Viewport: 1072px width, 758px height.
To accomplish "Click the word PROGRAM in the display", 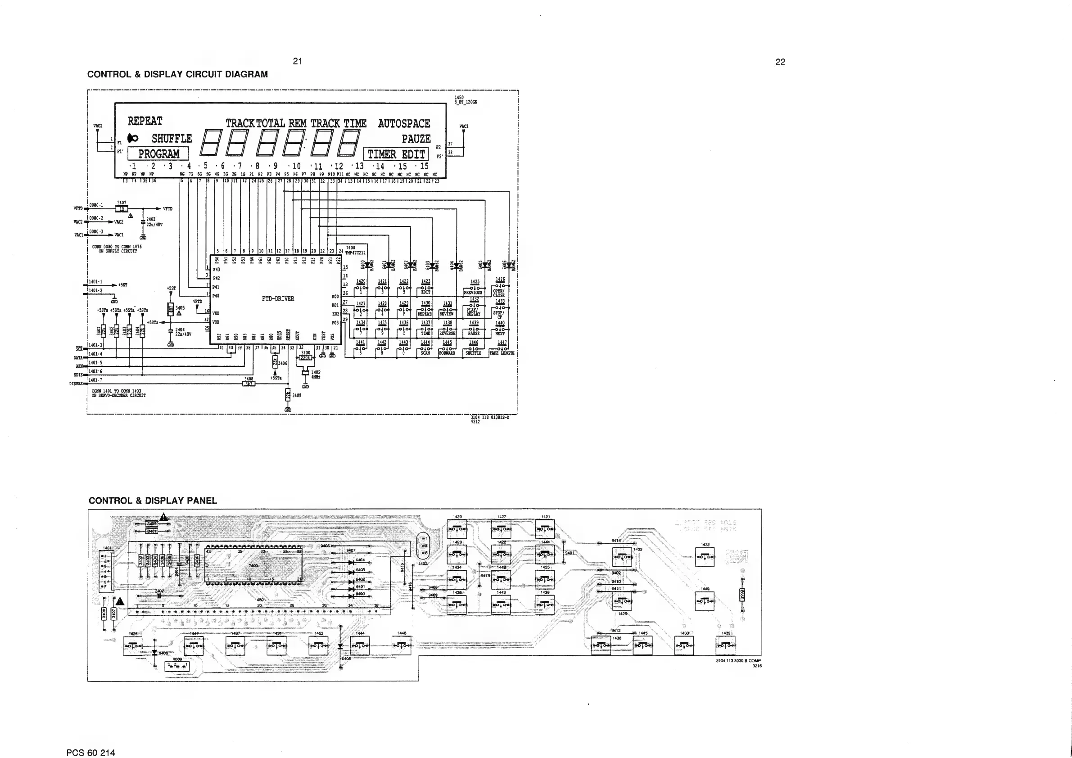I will click(x=158, y=154).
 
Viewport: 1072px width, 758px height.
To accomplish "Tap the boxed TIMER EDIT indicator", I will click(x=396, y=154).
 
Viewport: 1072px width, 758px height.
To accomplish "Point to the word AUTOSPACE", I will click(x=404, y=124).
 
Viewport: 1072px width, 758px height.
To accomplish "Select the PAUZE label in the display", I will click(x=416, y=139).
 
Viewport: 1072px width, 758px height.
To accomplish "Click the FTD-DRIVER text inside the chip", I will click(x=278, y=299).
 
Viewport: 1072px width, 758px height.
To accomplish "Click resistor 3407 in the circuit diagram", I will click(x=122, y=209).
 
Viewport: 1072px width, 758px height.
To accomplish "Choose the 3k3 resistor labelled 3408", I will click(x=249, y=384).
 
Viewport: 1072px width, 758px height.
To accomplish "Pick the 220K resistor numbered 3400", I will click(x=305, y=358).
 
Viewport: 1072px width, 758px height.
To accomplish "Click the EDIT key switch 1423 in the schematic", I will click(x=426, y=288).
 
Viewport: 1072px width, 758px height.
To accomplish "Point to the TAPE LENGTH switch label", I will click(x=502, y=353).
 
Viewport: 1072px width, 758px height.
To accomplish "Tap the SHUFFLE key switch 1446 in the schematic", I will click(x=474, y=349).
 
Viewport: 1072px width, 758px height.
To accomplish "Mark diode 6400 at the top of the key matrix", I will click(x=367, y=265).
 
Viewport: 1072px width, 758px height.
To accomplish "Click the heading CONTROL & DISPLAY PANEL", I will click(x=153, y=501).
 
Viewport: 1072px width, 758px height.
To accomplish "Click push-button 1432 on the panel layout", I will click(x=705, y=557).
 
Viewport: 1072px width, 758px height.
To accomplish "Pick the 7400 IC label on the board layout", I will click(x=253, y=566).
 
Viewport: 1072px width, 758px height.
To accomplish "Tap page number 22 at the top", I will click(x=780, y=62).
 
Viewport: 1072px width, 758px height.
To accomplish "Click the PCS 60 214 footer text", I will click(x=90, y=753).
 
